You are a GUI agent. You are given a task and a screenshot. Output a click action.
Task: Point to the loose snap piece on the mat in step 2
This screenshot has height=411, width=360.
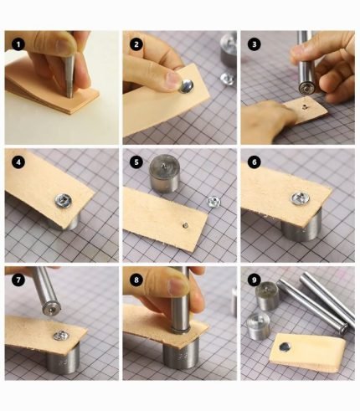click(x=224, y=78)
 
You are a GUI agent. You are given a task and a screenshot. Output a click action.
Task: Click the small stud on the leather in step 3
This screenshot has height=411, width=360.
click(x=307, y=107)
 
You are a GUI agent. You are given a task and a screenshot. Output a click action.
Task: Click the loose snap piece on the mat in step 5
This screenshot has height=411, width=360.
click(x=213, y=202)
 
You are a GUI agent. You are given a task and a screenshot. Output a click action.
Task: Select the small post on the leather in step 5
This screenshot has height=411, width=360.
click(x=183, y=223)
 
